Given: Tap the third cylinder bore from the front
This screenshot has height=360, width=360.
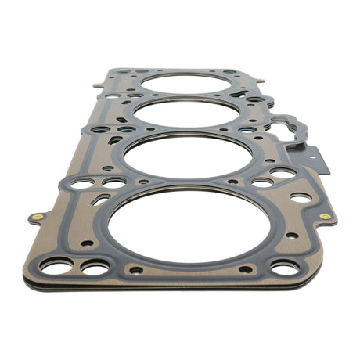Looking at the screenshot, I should point(186,110).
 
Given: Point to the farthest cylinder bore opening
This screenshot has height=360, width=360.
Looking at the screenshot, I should point(186,82).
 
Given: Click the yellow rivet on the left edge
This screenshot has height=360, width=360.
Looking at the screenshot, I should point(37,214).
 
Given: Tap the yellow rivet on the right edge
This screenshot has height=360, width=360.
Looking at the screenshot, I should point(325,216).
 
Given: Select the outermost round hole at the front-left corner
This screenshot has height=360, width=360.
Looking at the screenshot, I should point(56,267).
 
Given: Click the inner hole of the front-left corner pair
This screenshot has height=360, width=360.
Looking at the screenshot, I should point(95,268).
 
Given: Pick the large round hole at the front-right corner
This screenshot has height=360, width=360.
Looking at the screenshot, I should point(284,268).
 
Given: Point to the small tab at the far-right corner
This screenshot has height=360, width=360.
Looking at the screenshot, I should point(260,80).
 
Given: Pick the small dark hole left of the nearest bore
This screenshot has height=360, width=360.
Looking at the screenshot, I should point(87,243).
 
